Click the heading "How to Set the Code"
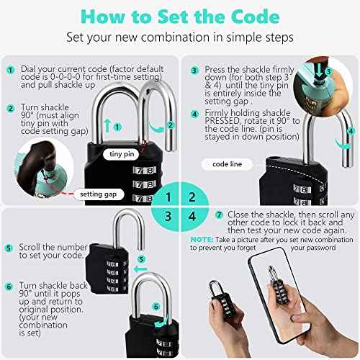pyautogui.click(x=179, y=14)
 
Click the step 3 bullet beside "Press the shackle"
pyautogui.click(x=194, y=71)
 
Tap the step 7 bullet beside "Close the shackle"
pyautogui.click(x=219, y=215)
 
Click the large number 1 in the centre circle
pyautogui.click(x=167, y=194)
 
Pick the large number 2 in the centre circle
pyautogui.click(x=192, y=194)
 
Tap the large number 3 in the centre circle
pyautogui.click(x=167, y=217)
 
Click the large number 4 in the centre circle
pyautogui.click(x=192, y=217)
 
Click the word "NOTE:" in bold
pyautogui.click(x=201, y=239)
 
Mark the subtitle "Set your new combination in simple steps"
pyautogui.click(x=179, y=36)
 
